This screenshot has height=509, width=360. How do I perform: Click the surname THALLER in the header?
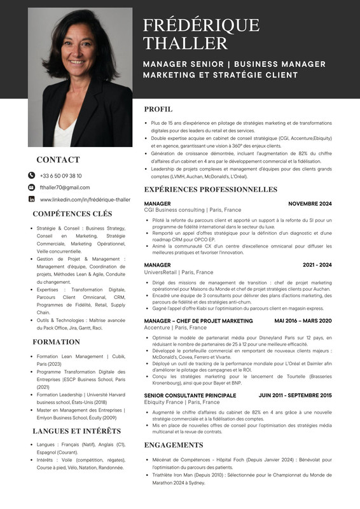tap(185, 43)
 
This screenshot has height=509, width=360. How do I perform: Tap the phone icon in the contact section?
tap(31, 175)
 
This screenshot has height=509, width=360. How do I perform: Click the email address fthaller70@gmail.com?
tap(64, 187)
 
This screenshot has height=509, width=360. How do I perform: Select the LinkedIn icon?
tap(31, 199)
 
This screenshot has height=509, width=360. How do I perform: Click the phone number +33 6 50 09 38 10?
tap(60, 175)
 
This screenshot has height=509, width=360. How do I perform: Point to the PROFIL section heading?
tap(158, 109)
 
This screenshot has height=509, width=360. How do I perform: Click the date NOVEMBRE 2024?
tap(310, 204)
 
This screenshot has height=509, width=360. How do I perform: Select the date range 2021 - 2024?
tap(317, 265)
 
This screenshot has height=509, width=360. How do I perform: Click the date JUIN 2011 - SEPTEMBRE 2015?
tap(295, 395)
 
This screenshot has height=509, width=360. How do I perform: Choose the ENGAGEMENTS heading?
tap(174, 445)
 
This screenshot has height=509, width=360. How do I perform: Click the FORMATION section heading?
tap(56, 342)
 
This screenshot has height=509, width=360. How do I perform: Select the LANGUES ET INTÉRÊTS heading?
tap(76, 431)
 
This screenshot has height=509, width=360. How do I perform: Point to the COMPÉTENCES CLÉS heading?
tap(72, 214)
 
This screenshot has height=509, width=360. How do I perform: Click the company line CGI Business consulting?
tap(193, 210)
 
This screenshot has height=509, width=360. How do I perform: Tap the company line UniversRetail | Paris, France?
tap(179, 272)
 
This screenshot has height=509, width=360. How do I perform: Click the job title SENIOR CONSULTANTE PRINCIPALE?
tap(190, 395)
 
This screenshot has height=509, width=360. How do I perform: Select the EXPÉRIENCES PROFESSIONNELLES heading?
tap(211, 189)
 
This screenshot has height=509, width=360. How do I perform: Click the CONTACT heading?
tap(58, 160)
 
